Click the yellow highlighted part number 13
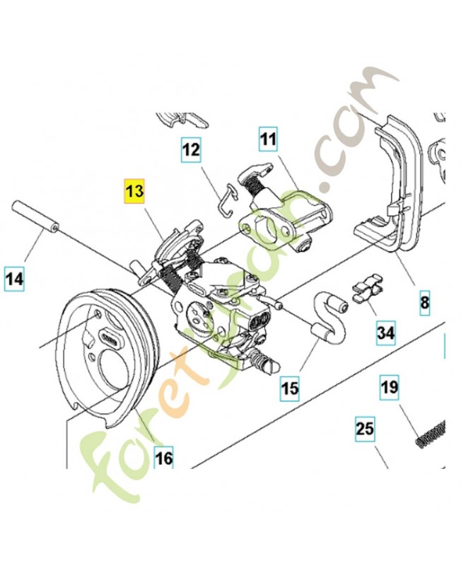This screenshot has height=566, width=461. point(134,192)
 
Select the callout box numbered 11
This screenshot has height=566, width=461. point(267,140)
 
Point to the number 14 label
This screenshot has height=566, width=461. point(14,279)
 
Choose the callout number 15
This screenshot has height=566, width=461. point(290,387)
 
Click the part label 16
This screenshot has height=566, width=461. point(163,458)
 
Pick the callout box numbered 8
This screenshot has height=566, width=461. point(424,303)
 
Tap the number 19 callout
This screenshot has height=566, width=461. point(390,388)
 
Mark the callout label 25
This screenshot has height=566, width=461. point(365,429)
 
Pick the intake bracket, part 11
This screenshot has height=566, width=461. point(283,212)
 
